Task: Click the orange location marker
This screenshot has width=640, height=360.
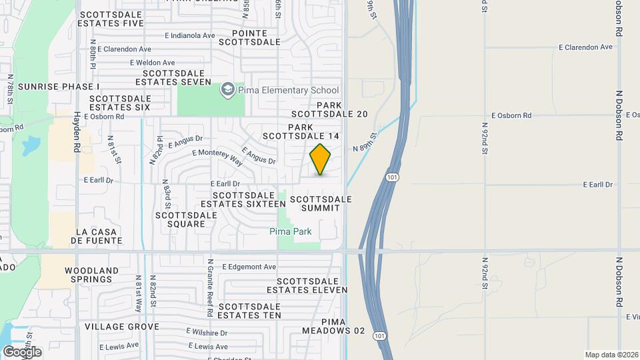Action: click(x=321, y=159)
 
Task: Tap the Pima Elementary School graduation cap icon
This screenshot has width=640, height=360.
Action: click(x=228, y=90)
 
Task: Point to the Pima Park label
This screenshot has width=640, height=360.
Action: click(x=291, y=231)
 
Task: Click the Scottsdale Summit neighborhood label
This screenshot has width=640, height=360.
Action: click(x=320, y=203)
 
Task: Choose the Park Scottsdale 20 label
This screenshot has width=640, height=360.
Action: click(x=342, y=109)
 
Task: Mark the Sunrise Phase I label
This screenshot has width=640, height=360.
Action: click(x=59, y=87)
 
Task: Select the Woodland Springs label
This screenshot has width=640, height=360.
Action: click(x=92, y=275)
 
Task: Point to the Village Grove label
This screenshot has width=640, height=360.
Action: click(x=122, y=327)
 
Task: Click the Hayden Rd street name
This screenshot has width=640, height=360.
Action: click(x=77, y=134)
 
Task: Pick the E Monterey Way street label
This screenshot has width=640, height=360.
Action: click(x=217, y=156)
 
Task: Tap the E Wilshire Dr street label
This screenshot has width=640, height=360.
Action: click(x=207, y=332)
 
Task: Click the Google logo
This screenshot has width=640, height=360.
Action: click(x=21, y=352)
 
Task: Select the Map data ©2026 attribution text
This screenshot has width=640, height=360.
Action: click(x=611, y=355)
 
